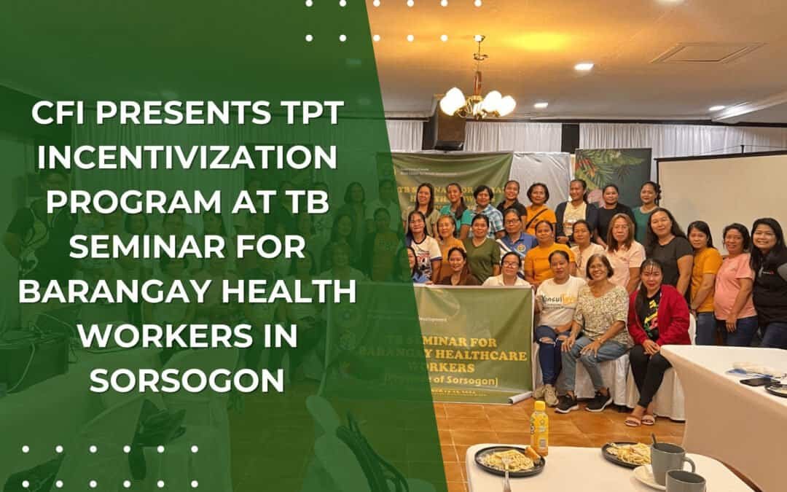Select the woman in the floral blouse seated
click(599, 321)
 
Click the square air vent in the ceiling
click(706, 52)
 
